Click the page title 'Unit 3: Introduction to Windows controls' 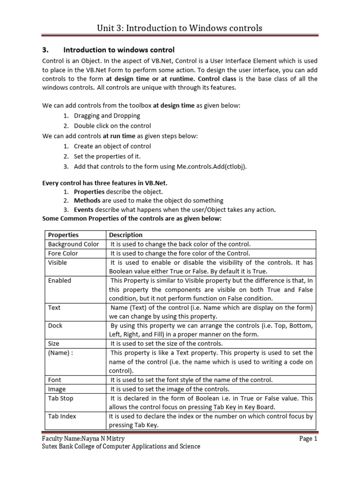point(180,28)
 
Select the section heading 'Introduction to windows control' point(119,50)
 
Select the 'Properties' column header point(63,235)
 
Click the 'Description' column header point(126,235)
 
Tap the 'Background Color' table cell point(74,244)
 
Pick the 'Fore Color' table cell point(63,253)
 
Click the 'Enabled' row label point(60,280)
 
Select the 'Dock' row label point(55,325)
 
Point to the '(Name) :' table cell point(61,352)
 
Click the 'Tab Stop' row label point(61,398)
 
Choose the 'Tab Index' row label point(62,416)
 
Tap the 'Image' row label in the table point(57,389)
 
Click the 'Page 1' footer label point(309,439)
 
